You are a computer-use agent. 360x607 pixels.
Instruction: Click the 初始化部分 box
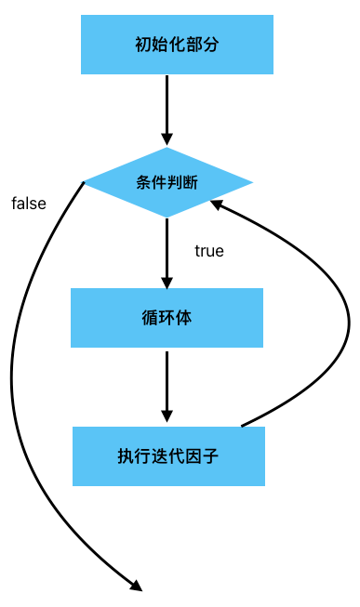(x=177, y=44)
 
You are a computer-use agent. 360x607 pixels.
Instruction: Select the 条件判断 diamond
(x=167, y=182)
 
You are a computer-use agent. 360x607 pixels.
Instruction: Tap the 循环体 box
(x=167, y=317)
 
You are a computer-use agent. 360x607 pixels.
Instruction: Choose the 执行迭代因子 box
(x=168, y=455)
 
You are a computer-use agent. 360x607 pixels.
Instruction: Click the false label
(x=29, y=204)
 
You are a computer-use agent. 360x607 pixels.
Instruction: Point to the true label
(x=209, y=251)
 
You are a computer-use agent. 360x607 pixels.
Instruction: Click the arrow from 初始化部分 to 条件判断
(x=167, y=107)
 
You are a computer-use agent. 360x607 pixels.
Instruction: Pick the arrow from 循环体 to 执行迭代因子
(x=167, y=381)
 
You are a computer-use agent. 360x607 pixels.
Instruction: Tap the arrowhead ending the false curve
(x=136, y=585)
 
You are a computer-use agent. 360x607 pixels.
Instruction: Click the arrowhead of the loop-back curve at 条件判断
(x=217, y=202)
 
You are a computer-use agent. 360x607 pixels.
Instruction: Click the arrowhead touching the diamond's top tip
(x=167, y=139)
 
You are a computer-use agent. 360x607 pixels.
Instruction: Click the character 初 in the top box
(x=143, y=44)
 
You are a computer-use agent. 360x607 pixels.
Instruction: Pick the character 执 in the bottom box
(x=125, y=455)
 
